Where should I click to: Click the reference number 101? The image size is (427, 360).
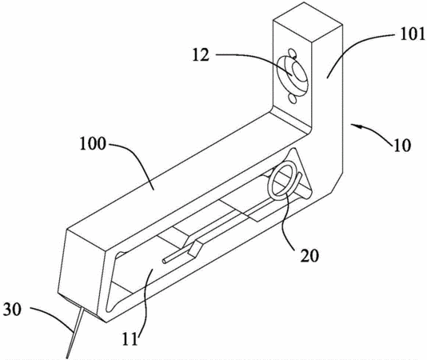coord(412,34)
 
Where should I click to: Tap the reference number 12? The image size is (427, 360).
coord(201,54)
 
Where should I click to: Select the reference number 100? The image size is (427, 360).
coord(92,144)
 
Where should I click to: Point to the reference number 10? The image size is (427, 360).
coord(401,146)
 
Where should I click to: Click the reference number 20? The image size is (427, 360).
coord(309,256)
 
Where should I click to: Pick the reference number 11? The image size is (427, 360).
coord(130,338)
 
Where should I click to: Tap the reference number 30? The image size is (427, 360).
coord(12,310)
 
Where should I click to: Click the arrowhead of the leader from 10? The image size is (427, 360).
coord(356,126)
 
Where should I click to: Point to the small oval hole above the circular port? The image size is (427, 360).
coord(292,53)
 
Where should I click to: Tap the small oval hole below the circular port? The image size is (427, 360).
coord(293,98)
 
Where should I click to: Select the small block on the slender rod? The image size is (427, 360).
coord(195,249)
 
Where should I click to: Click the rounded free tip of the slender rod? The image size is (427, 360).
coord(164,261)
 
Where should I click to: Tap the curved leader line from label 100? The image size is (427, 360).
coord(134,160)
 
